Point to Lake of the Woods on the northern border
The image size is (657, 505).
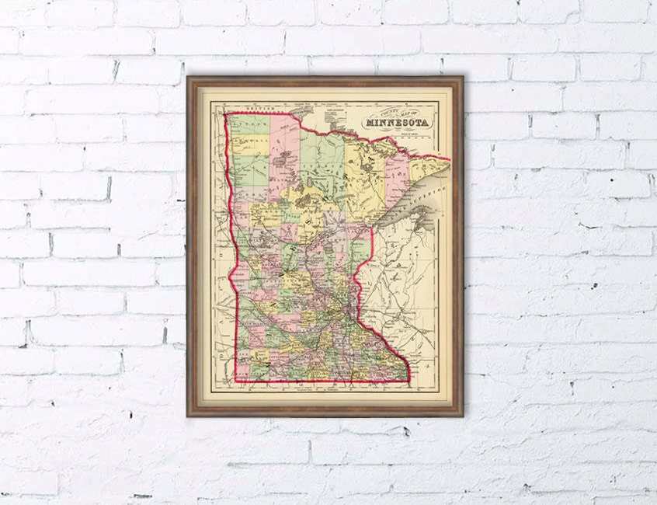coord(301,114)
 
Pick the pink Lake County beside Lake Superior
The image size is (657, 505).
coord(397,175)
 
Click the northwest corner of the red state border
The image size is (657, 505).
coord(225,114)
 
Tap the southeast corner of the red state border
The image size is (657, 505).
coord(408,380)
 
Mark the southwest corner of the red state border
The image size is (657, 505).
coord(237,381)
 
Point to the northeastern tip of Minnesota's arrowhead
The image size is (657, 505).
coord(450,159)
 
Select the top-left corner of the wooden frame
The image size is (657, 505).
coord(189,78)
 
